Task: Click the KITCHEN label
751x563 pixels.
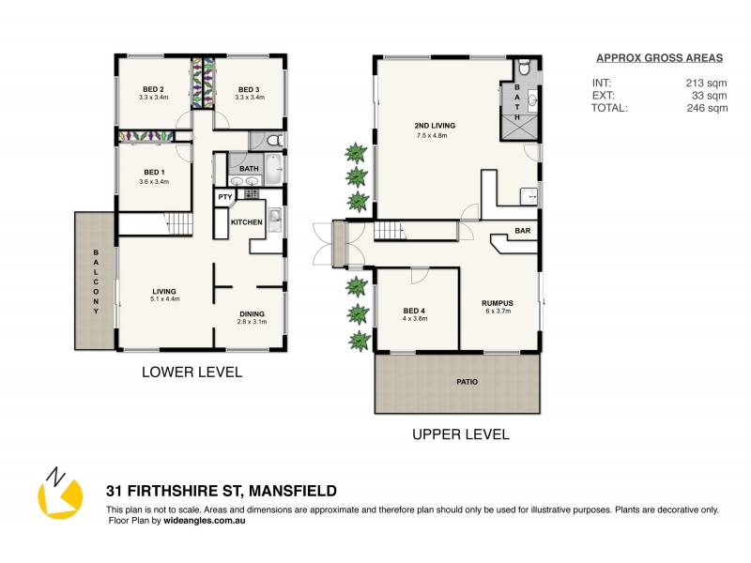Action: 247,221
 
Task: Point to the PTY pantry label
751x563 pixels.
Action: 225,197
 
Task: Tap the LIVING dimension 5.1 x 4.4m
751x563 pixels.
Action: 165,298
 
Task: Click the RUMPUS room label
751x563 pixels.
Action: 497,302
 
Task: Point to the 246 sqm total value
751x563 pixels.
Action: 707,108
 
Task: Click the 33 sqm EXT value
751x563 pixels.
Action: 710,95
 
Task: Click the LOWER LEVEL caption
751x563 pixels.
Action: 192,373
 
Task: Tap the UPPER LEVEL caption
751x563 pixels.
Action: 460,434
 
